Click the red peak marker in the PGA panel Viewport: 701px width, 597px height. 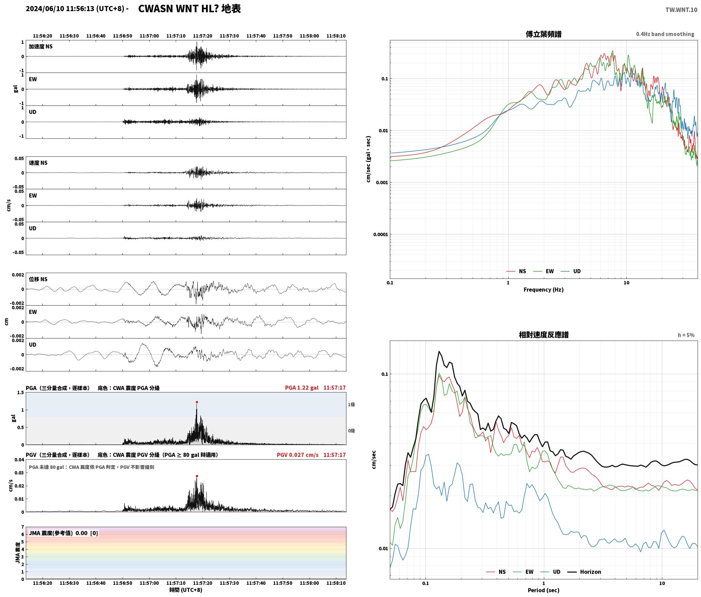point(197,402)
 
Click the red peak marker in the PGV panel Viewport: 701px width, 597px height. point(197,476)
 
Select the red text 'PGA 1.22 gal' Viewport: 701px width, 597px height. point(302,388)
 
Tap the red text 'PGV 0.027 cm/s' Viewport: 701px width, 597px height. point(298,455)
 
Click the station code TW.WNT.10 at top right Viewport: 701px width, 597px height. point(681,10)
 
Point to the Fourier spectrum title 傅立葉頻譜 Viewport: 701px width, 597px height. point(544,34)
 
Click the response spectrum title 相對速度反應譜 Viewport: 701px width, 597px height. point(544,335)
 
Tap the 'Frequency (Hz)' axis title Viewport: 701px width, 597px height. point(544,290)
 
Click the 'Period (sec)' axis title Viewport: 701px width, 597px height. point(544,590)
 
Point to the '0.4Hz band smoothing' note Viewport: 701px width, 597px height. point(665,34)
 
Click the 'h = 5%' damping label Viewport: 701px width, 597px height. point(686,335)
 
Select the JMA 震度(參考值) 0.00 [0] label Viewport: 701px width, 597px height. point(63,533)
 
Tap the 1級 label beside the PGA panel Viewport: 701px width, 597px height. point(351,405)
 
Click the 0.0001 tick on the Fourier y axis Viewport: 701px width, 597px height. point(380,234)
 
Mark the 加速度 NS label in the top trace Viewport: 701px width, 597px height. point(41,46)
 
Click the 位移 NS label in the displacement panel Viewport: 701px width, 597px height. point(38,279)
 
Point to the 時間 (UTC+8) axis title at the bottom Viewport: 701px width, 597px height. point(186,590)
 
